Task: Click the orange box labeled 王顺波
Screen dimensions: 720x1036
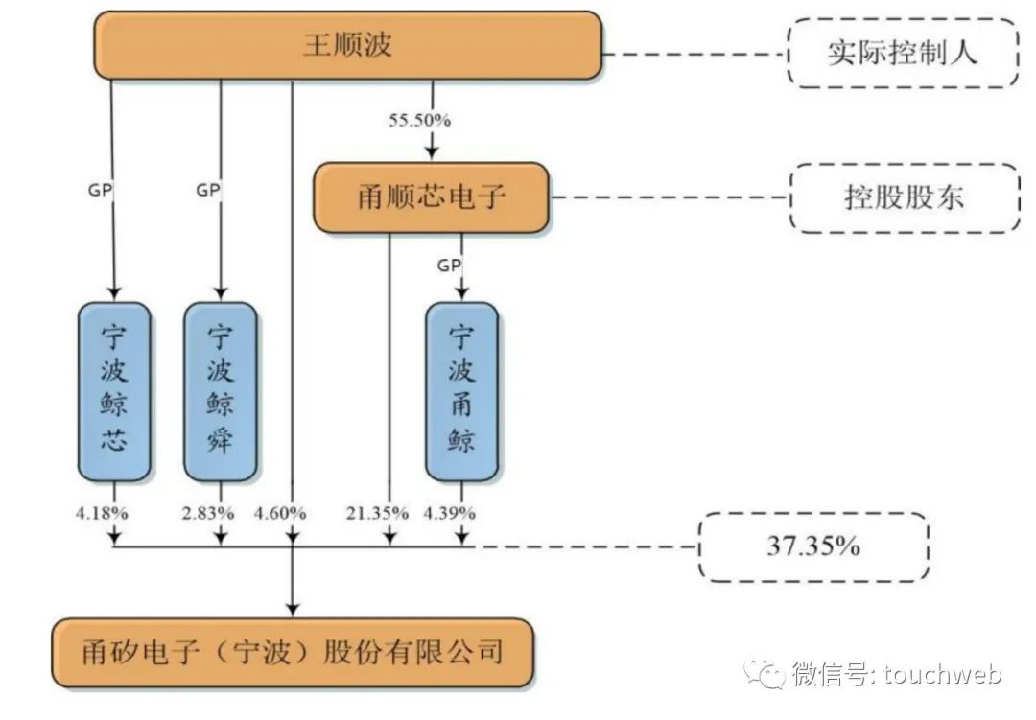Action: point(347,45)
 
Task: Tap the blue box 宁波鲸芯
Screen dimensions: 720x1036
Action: point(114,391)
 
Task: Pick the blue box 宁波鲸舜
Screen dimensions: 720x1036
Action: point(220,391)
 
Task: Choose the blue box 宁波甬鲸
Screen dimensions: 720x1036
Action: point(461,391)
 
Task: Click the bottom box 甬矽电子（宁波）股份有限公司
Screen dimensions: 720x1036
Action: point(292,653)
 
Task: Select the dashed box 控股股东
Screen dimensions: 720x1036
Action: point(904,197)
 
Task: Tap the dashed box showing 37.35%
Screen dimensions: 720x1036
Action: point(812,546)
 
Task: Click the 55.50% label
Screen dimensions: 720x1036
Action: point(419,120)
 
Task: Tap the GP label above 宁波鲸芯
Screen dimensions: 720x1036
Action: point(101,190)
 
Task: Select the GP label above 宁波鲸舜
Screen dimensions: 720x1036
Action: point(208,190)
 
